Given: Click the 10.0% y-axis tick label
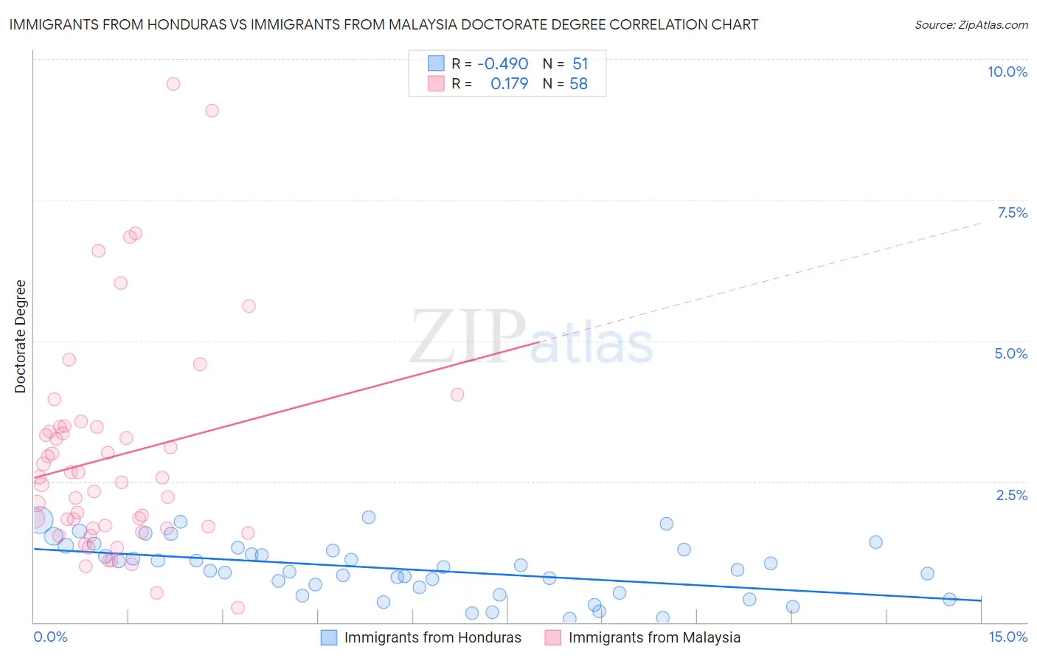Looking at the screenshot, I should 1007,72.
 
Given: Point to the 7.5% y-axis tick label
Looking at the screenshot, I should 1012,212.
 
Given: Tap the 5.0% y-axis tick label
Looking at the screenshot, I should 1010,353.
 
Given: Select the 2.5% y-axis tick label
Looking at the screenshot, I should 1011,495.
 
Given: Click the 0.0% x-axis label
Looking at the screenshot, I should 50,637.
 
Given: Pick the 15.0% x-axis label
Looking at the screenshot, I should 1007,637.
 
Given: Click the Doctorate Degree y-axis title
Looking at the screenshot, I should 20,336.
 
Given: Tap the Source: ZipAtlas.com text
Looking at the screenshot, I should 971,24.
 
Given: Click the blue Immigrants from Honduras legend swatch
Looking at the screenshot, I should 329,637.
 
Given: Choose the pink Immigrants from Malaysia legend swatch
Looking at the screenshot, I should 553,637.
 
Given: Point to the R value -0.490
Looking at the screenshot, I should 502,64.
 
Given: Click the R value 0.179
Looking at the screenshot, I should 509,84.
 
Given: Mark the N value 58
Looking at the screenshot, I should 578,84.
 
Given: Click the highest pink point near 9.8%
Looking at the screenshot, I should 173,83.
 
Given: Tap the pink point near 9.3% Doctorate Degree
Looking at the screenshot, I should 212,111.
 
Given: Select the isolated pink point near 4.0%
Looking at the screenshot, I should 457,395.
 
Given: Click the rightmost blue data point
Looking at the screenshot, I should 949,599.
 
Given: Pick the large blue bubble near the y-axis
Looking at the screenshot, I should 40,519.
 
